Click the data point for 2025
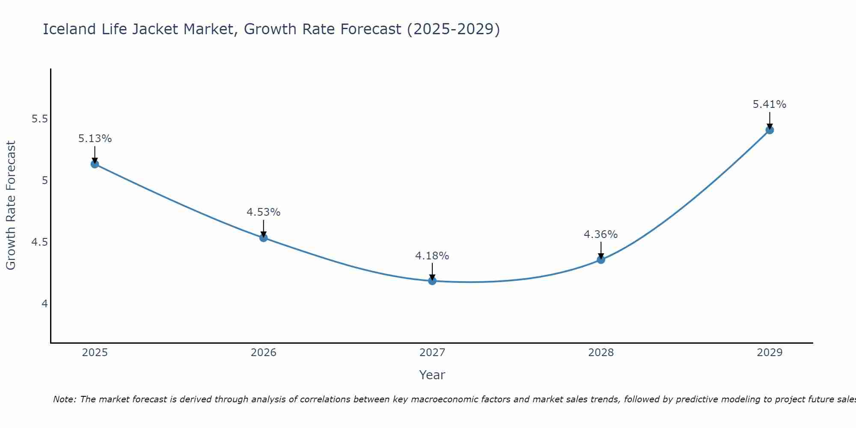coord(95,164)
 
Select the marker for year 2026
coord(264,238)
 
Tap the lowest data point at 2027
coord(432,281)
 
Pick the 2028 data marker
coord(601,259)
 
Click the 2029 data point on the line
coord(770,130)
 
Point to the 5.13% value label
coord(95,139)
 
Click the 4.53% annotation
coord(264,212)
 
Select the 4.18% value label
coord(432,256)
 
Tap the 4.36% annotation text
coord(601,235)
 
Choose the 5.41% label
coord(770,104)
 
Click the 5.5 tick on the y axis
coord(39,119)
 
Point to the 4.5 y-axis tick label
coord(39,242)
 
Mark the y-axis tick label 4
coord(45,304)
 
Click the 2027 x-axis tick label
coord(432,353)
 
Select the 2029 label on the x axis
coord(770,353)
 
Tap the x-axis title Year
coord(432,375)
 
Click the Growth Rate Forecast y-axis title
coord(11,205)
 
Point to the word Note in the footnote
coord(64,399)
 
